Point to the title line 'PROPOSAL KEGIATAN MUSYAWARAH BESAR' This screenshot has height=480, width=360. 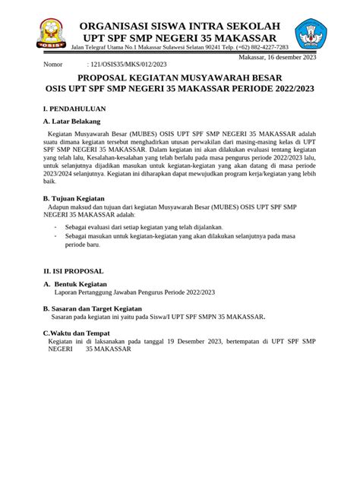179,78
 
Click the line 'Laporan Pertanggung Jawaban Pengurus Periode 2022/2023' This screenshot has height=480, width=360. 134,292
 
